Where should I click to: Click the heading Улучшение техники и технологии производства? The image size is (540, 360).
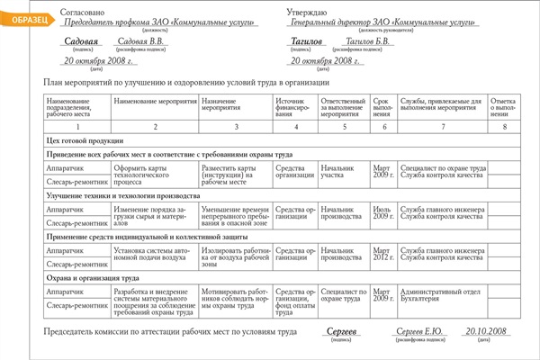click(122, 195)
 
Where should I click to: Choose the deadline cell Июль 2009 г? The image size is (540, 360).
click(383, 213)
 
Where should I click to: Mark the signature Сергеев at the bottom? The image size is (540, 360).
click(340, 333)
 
